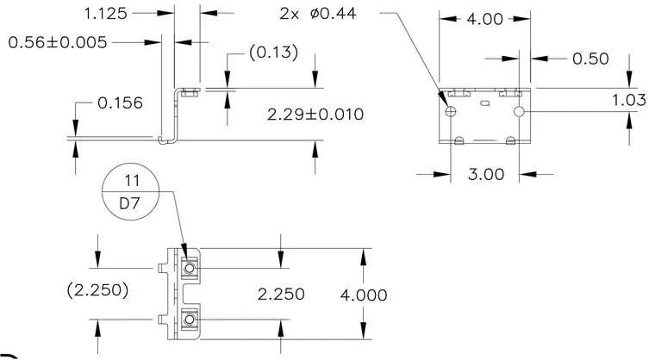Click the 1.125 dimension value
click(106, 14)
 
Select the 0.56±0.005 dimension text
click(58, 42)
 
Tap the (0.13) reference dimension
click(273, 53)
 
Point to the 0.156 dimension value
click(120, 102)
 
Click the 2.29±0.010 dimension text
click(315, 115)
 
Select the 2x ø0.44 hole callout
click(318, 14)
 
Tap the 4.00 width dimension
click(484, 19)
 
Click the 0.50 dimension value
click(590, 59)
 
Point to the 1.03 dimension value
click(628, 100)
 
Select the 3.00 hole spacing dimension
click(486, 174)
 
